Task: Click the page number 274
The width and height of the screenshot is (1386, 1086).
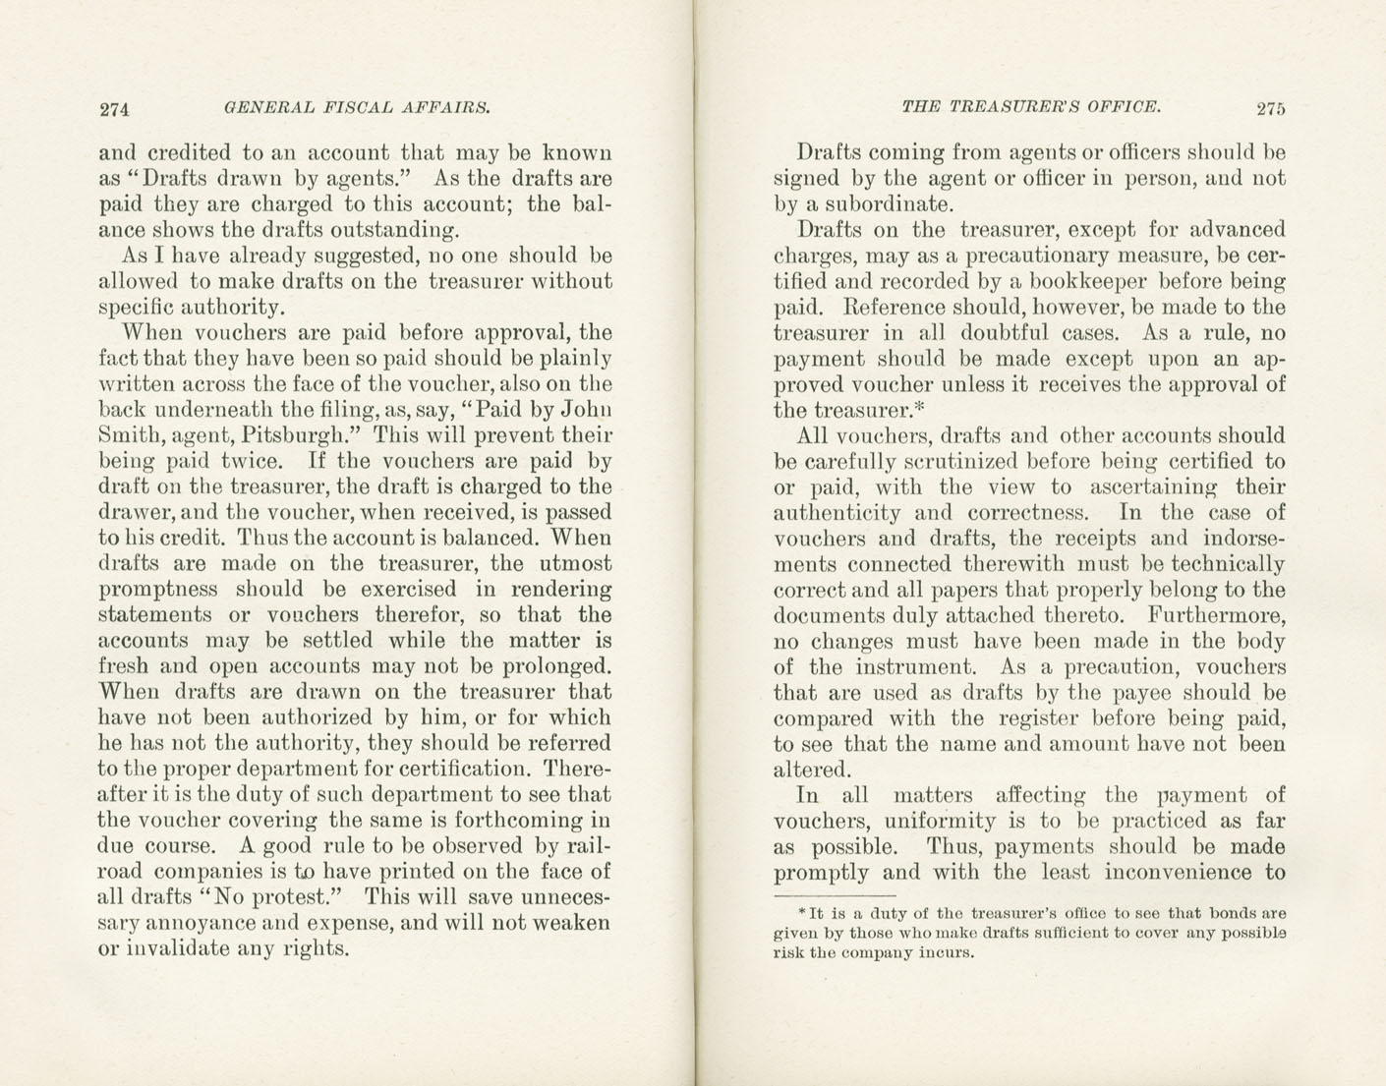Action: pos(115,109)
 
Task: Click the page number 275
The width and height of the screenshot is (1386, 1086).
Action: pos(1269,108)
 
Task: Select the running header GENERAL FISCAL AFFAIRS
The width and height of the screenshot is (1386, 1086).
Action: pos(357,107)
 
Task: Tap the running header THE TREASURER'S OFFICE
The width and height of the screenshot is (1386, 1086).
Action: pos(1031,106)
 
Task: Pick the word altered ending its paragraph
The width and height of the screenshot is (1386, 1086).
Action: pos(810,770)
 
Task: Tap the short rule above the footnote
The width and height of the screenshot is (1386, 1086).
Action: pos(835,896)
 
